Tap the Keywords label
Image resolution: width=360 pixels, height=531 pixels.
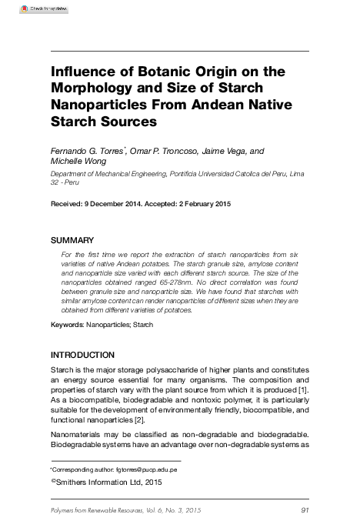coord(66,326)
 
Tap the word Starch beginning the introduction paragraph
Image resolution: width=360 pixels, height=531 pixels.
coord(64,370)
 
